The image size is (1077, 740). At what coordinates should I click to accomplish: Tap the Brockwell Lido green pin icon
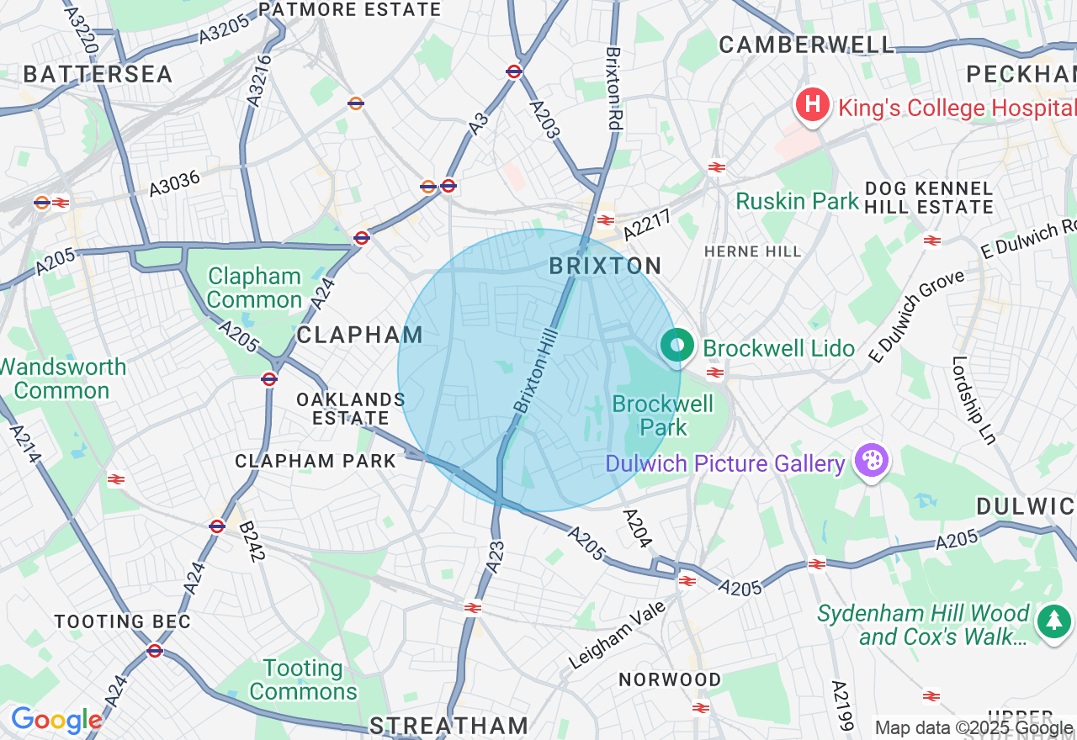(x=676, y=346)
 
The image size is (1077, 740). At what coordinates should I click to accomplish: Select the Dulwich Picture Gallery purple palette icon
(x=871, y=461)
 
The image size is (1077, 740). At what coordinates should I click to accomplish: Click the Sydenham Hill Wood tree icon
(x=1053, y=621)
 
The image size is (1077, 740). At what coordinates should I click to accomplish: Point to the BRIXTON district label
(x=605, y=267)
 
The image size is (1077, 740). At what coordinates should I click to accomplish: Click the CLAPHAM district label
(x=359, y=335)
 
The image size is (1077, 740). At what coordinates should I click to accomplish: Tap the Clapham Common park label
(x=254, y=288)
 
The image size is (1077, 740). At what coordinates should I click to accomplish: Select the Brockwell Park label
(x=662, y=415)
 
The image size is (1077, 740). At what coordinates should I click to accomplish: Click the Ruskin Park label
(x=797, y=202)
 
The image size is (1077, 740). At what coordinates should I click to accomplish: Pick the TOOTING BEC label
(x=123, y=622)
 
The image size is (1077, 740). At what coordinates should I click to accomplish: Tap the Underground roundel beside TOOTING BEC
(x=154, y=650)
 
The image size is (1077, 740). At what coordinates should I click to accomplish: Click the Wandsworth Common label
(x=63, y=378)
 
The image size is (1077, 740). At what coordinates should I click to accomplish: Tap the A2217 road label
(x=647, y=225)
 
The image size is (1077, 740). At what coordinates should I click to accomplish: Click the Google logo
(x=56, y=720)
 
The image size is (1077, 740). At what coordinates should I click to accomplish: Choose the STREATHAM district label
(x=448, y=726)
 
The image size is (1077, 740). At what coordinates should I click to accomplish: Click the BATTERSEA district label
(x=98, y=74)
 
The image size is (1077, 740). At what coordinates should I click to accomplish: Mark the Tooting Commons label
(x=303, y=680)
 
